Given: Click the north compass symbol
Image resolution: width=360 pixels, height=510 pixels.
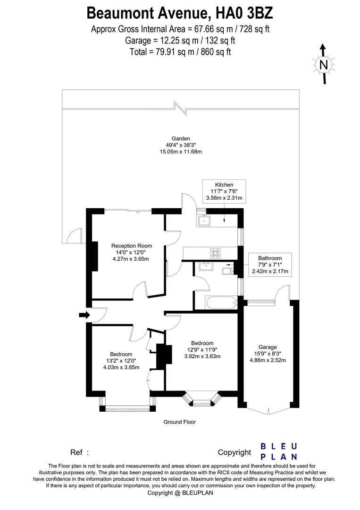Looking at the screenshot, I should (x=323, y=65).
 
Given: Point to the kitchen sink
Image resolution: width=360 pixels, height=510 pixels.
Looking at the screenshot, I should (x=205, y=220).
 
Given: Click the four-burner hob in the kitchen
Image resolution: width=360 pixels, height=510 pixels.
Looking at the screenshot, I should (x=216, y=253).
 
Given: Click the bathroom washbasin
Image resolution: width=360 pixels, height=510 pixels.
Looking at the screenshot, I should (x=206, y=267).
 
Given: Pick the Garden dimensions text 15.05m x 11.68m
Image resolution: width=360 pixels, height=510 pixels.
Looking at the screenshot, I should (x=181, y=152).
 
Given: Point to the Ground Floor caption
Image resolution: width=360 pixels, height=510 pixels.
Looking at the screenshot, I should (x=179, y=422).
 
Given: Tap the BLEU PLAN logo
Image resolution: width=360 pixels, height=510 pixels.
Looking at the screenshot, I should (x=279, y=451).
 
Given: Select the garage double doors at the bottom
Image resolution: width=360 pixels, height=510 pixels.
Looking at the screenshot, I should (x=268, y=410).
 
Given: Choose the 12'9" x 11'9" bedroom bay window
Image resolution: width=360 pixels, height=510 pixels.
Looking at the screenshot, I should (x=203, y=401).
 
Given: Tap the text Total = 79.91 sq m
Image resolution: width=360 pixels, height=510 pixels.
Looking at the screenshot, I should (x=180, y=51).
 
